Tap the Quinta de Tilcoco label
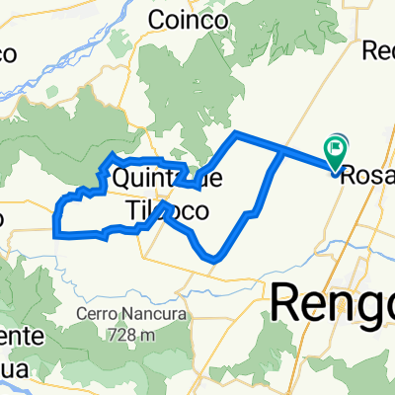168,195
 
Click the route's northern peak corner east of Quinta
234,131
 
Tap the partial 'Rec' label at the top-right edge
379,50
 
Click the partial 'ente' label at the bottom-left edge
20,336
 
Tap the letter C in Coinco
156,19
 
